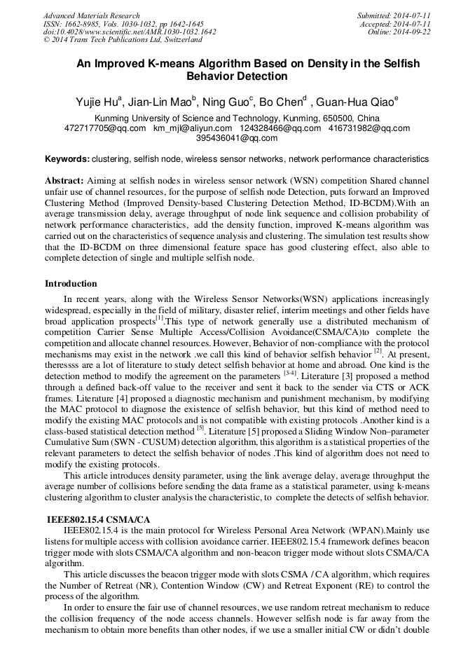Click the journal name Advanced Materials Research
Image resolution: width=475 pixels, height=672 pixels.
click(91, 15)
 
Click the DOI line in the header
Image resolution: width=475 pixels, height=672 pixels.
click(130, 32)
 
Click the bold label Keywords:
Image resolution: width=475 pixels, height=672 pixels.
click(67, 159)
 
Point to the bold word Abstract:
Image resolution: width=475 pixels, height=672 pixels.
click(64, 180)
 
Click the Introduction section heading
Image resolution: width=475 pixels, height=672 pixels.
click(71, 284)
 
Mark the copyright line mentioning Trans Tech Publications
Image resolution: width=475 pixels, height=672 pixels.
click(123, 40)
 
